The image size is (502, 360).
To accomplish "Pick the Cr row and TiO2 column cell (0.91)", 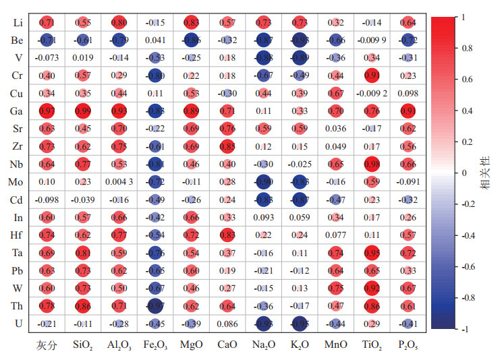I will tap(372, 76).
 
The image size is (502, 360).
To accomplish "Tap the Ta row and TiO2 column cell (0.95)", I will tap(372, 252).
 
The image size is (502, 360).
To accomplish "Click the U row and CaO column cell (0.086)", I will tap(227, 323).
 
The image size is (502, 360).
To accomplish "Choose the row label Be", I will tap(18, 40).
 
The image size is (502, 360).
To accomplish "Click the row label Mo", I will tap(18, 181).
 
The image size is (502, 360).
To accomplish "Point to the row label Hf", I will tap(18, 235).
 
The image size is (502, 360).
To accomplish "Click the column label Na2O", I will tap(263, 346).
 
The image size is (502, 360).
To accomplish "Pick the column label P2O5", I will tap(408, 346).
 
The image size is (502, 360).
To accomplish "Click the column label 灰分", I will tap(46, 346).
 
